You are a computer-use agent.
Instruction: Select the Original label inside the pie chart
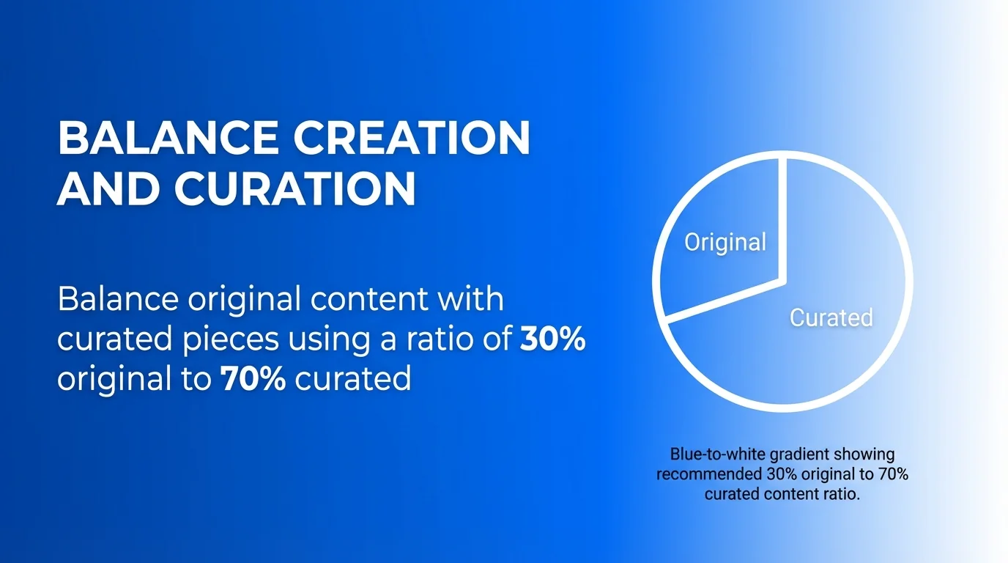click(725, 241)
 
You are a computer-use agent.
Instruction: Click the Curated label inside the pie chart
click(831, 317)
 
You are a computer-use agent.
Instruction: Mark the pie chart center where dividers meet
click(785, 281)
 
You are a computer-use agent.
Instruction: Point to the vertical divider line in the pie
click(785, 220)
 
